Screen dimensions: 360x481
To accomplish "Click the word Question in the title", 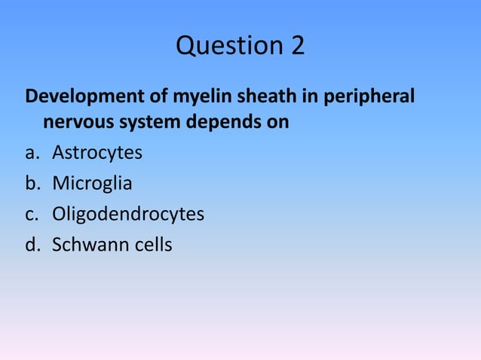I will pyautogui.click(x=222, y=47).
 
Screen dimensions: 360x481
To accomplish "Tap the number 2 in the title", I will pyautogui.click(x=296, y=46).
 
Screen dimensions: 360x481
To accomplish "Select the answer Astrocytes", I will pyautogui.click(x=97, y=153).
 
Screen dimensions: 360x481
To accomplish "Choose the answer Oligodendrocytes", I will pyautogui.click(x=127, y=215).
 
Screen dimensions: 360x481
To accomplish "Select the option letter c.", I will pyautogui.click(x=32, y=215).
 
